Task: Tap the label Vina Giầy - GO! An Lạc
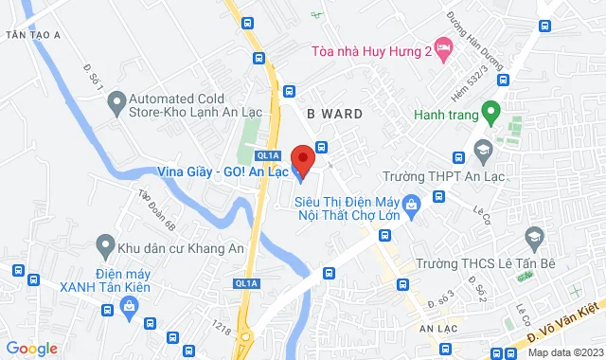point(224,172)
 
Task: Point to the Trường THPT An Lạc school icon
point(483,151)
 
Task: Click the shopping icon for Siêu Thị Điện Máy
point(411,204)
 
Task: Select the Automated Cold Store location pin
point(116,99)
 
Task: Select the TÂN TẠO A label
point(32,34)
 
